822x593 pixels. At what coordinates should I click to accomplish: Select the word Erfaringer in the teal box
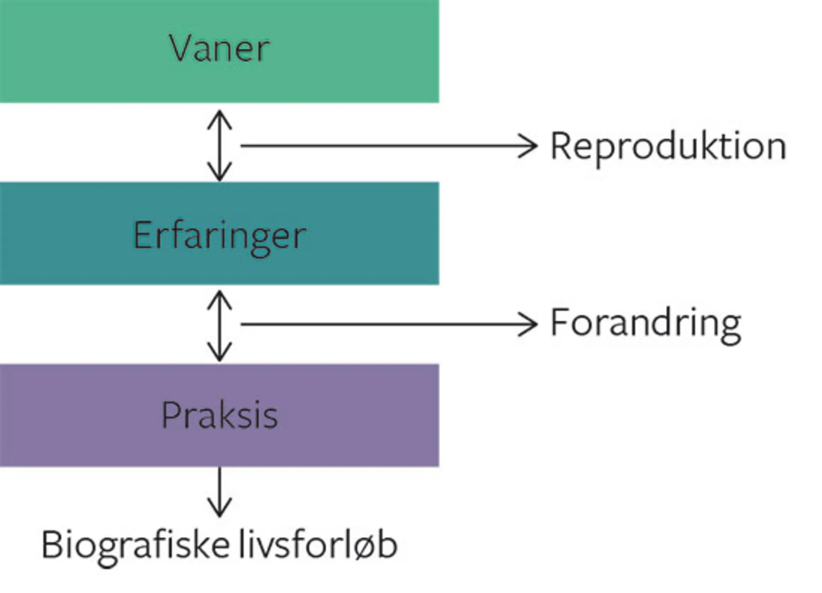coord(219,235)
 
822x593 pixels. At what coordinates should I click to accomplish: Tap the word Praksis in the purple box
coord(219,415)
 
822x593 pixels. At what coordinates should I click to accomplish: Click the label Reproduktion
coord(668,146)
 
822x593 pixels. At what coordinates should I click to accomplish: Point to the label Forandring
coord(646,324)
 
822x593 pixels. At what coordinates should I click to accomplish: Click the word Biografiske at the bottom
coord(136,546)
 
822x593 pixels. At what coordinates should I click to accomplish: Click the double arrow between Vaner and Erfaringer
coord(219,145)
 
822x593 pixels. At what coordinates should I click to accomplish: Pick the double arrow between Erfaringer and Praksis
coord(219,326)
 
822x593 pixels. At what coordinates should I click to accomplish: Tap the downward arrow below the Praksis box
coord(219,491)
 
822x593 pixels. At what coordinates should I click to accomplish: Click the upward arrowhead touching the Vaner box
coord(219,117)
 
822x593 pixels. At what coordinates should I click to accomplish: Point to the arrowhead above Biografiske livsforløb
coord(219,509)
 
